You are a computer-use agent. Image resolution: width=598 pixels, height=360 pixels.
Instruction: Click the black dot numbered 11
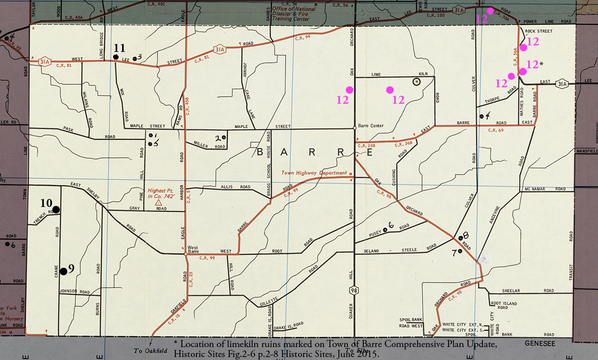coord(116,57)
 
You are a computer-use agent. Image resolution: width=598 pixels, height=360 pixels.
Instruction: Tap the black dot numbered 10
coord(56,210)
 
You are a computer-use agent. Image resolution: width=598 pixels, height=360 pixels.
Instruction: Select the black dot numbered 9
coord(64,271)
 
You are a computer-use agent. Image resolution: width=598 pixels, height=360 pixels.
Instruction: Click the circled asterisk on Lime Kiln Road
coord(417,81)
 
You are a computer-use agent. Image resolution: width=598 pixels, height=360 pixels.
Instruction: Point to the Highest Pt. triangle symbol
coord(159,203)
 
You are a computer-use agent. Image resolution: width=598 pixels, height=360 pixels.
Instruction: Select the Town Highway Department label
coord(314,173)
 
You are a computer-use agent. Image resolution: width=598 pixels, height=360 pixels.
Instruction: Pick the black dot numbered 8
coord(460,238)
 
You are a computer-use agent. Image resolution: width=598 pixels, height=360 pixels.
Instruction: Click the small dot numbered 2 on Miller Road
coord(224,137)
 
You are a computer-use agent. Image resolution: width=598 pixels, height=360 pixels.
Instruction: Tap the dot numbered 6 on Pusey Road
coord(385,230)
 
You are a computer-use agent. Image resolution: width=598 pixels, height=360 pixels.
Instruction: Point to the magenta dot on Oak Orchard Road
coord(349,90)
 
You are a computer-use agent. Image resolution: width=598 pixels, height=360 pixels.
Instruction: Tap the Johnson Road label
coord(75,292)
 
